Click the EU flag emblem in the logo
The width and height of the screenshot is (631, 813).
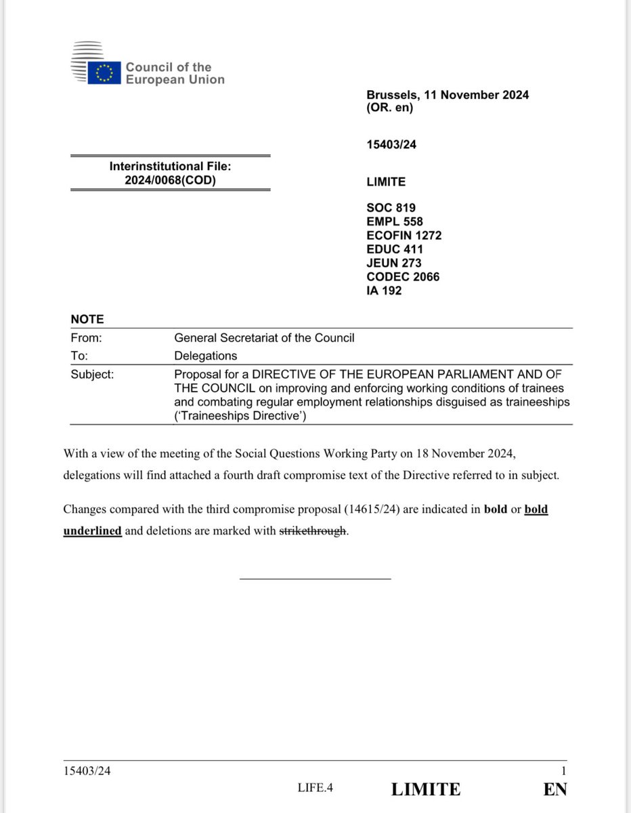[x=104, y=72]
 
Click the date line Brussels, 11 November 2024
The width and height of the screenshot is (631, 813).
[x=448, y=95]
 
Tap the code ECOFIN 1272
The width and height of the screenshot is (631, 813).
[x=404, y=235]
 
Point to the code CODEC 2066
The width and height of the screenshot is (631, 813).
[x=403, y=276]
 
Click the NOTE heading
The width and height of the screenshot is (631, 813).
[x=87, y=320]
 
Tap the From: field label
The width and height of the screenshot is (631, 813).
[x=86, y=337]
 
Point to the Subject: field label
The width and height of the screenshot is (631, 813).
[x=92, y=373]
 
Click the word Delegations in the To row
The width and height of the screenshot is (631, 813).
[x=205, y=356]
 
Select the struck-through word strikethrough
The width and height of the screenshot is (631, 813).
[x=313, y=531]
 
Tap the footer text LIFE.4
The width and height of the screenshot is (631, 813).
[x=315, y=788]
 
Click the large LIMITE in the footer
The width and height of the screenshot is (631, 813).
[x=426, y=789]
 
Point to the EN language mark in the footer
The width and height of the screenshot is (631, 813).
[x=554, y=789]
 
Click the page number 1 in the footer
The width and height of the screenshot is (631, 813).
[x=563, y=770]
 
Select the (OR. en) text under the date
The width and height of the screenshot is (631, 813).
[x=390, y=108]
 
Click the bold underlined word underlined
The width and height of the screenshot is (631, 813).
[x=93, y=531]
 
